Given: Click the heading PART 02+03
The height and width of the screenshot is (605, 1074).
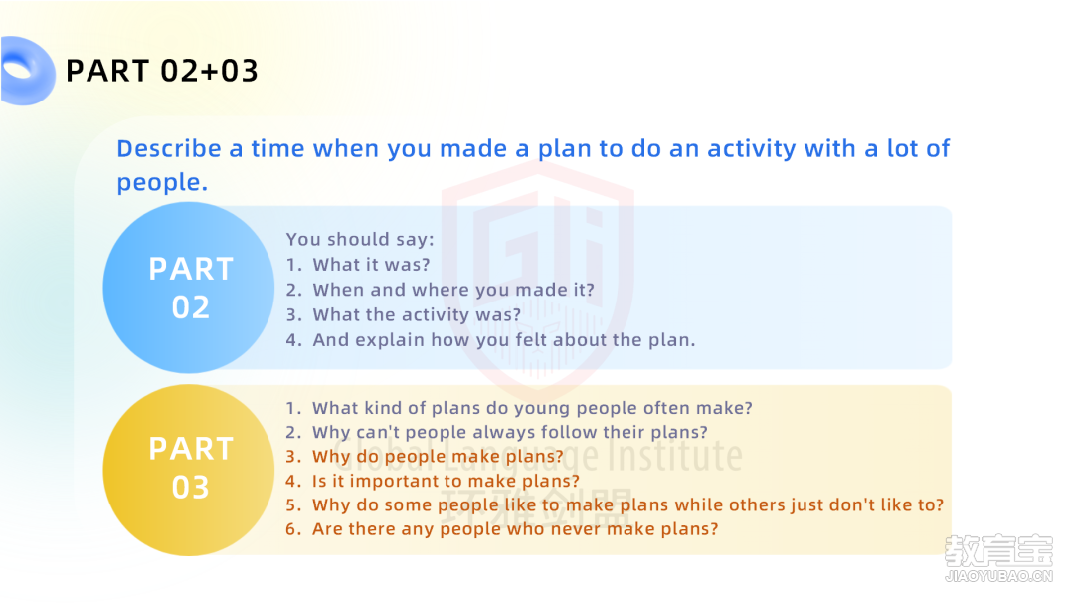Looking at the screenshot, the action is (162, 71).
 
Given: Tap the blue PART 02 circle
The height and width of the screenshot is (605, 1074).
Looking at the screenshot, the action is (189, 288).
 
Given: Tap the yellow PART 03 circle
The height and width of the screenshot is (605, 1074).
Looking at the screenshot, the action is (189, 470).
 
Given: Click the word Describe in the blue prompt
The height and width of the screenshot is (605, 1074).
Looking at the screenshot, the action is (168, 148).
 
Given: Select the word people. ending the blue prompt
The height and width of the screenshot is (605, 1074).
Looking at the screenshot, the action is (162, 183).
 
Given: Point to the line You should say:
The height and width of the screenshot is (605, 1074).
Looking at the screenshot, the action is (360, 239).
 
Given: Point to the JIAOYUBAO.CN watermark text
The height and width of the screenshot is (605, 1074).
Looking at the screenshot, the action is (998, 576).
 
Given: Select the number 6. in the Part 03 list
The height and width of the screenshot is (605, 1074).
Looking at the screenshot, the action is (293, 529).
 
